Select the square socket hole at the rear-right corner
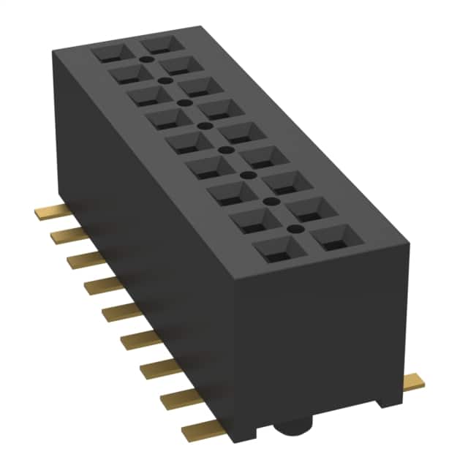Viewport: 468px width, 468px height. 159,42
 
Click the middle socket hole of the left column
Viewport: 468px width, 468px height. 192,142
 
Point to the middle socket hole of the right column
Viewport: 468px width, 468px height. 241,133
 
